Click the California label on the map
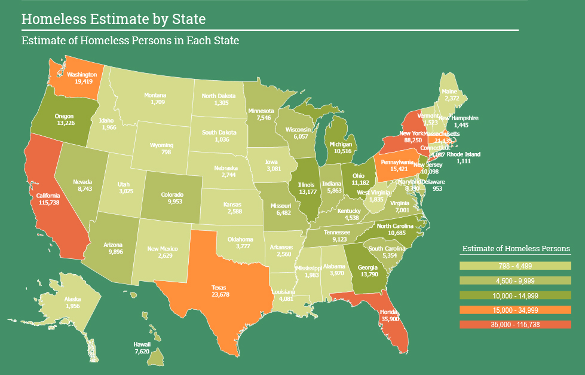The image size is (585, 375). (x=48, y=196)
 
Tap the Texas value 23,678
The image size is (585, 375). (x=220, y=294)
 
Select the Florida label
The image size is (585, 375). (x=388, y=312)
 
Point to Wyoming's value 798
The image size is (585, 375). (x=161, y=152)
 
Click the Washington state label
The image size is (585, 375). (x=82, y=75)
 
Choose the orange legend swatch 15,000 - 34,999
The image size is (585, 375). (x=516, y=310)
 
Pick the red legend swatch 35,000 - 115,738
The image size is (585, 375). (x=516, y=324)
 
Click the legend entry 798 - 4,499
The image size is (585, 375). (x=516, y=266)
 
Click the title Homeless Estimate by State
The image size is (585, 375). (x=114, y=19)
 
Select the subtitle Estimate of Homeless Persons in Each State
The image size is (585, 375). (x=130, y=41)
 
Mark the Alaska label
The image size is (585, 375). (x=72, y=299)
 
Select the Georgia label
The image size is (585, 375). (x=367, y=268)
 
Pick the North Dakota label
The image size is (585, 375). (x=218, y=96)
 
